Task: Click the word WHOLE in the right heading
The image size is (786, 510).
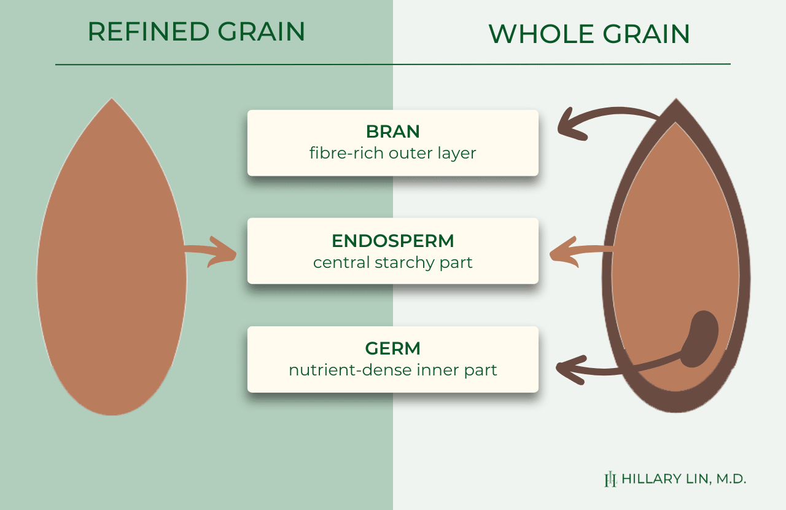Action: click(541, 34)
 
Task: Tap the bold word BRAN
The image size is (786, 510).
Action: click(392, 131)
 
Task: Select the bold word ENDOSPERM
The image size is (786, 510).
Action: click(392, 241)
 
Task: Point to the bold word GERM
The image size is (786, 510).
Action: click(392, 348)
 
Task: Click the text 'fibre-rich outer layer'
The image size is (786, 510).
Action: click(392, 153)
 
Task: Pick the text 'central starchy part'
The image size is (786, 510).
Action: click(392, 263)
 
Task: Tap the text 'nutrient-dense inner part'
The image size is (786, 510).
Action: click(392, 370)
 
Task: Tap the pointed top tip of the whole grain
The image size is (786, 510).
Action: click(676, 99)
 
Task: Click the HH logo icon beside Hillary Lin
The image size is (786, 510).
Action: click(610, 479)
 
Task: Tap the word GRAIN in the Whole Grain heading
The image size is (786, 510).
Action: click(646, 34)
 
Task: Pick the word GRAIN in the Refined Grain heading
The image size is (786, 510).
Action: click(262, 31)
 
